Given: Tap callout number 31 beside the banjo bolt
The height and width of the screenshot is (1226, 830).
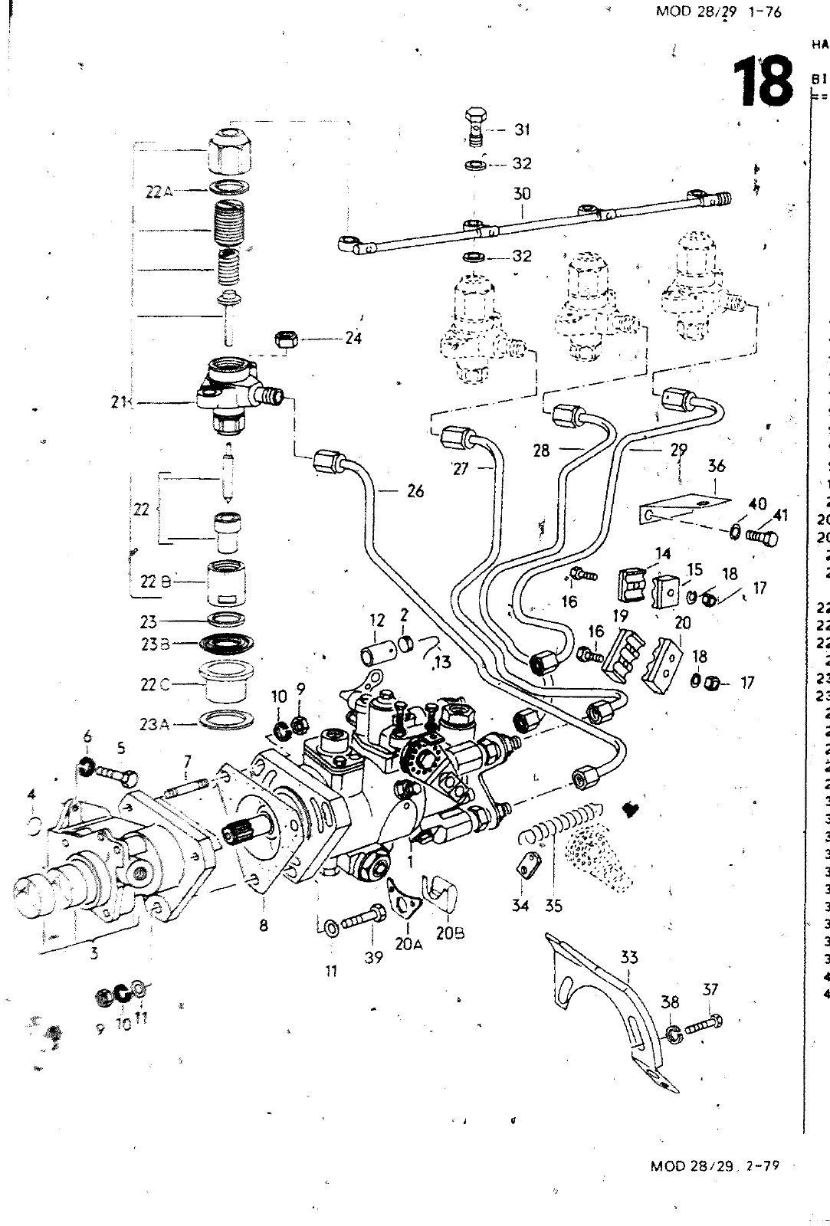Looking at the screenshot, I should (x=522, y=129).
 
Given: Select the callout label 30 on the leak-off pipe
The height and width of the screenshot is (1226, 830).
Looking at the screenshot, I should (x=522, y=194).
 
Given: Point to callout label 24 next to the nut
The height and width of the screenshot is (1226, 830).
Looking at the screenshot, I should (x=353, y=337).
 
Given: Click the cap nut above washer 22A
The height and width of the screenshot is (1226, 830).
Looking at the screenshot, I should (x=230, y=151).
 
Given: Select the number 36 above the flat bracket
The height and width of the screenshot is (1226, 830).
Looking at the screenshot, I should (x=717, y=466).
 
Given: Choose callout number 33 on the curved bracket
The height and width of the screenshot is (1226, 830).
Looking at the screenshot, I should (x=629, y=956).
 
